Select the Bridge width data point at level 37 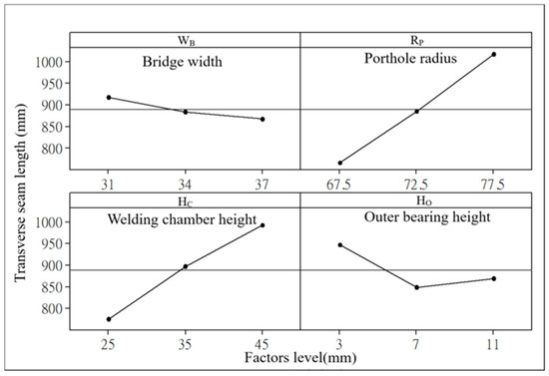click(x=263, y=119)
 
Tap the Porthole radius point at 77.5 click(x=493, y=54)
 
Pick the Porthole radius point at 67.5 click(x=340, y=163)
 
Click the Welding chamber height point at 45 click(x=263, y=225)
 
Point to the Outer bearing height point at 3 click(x=340, y=244)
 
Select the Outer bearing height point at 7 click(x=416, y=287)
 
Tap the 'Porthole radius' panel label click(x=409, y=57)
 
